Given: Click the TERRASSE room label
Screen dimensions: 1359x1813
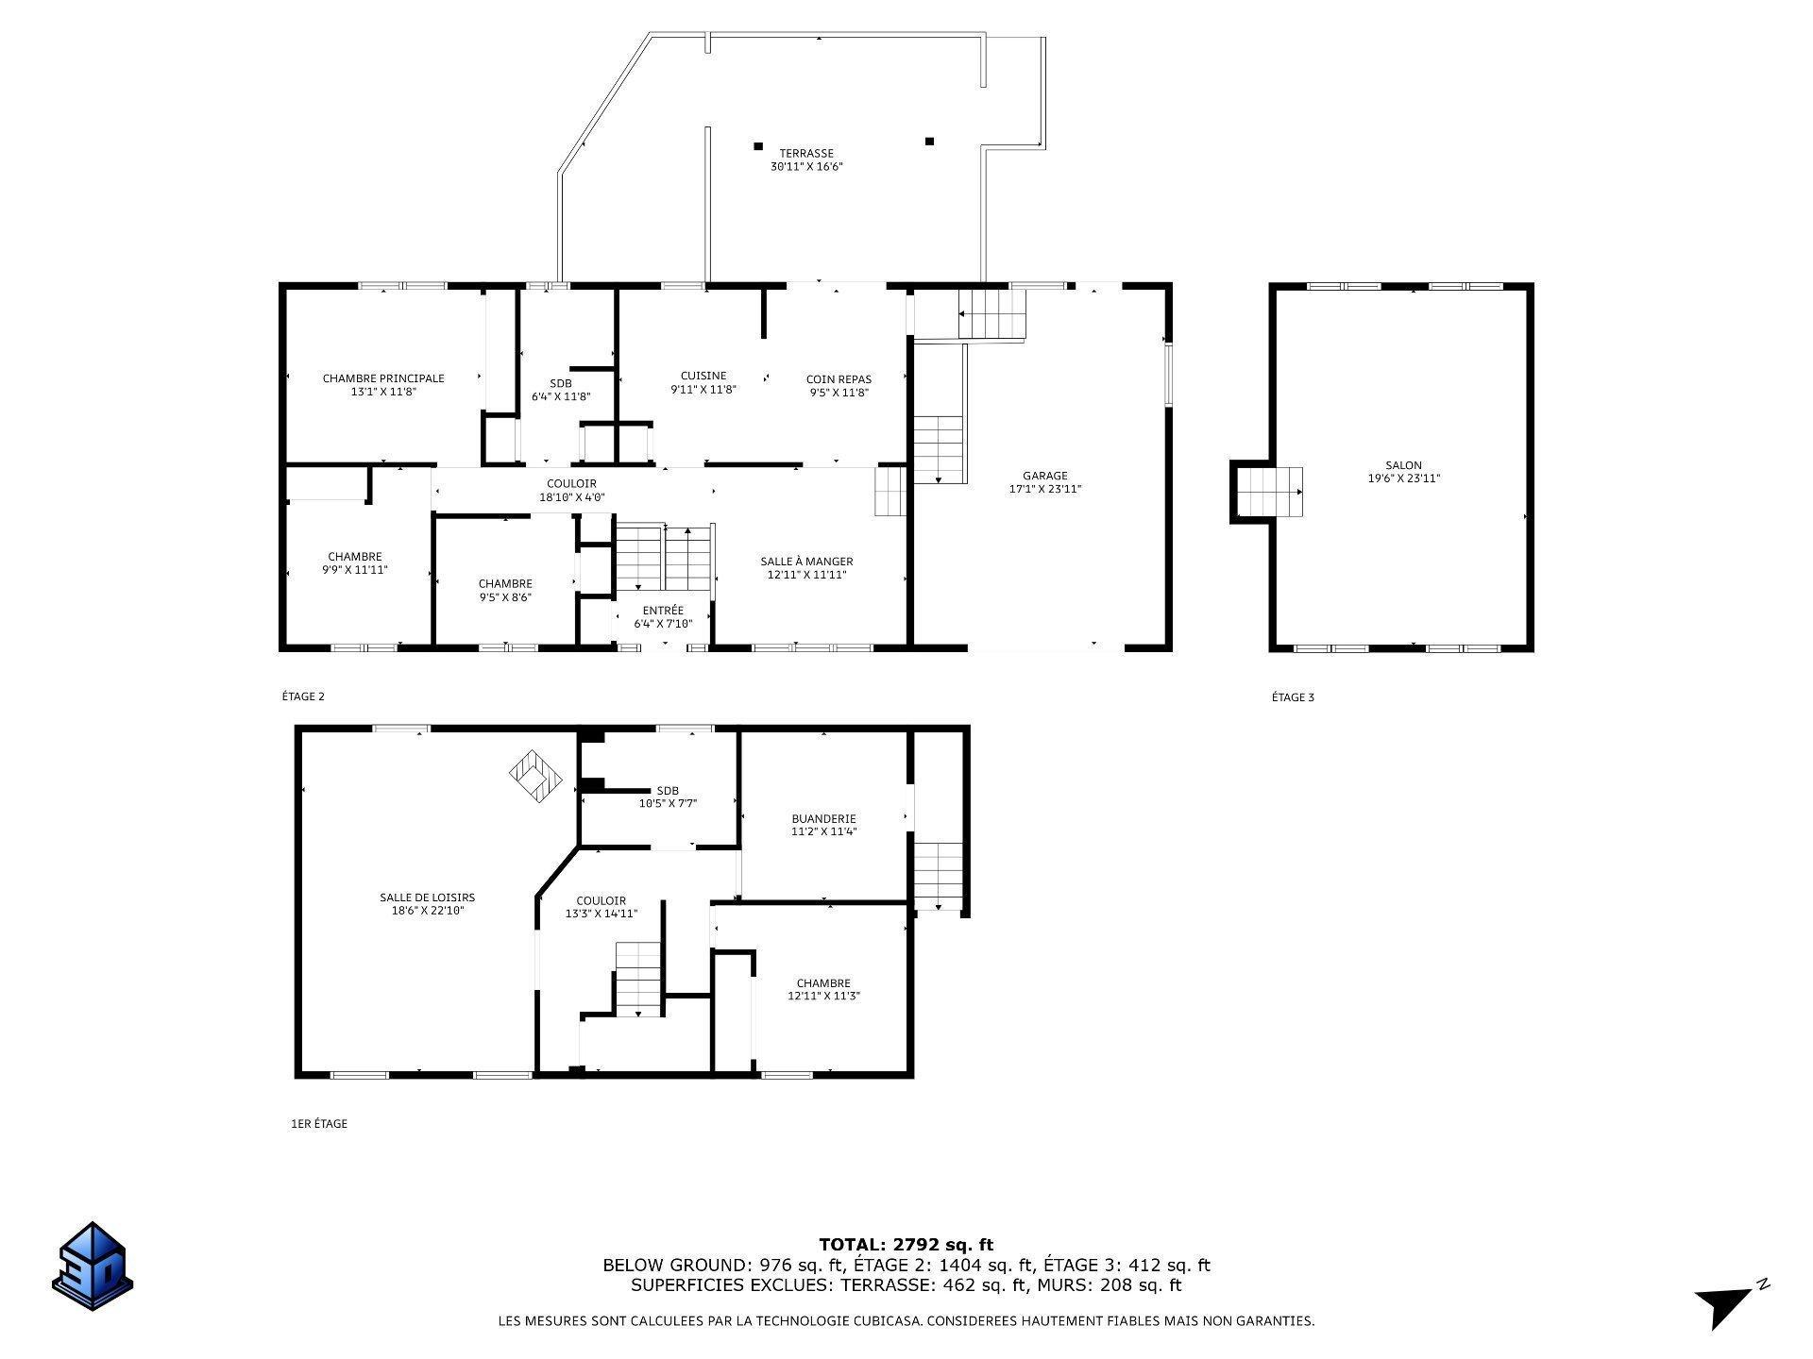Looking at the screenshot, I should pyautogui.click(x=805, y=153).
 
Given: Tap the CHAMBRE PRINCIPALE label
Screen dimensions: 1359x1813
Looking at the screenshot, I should pyautogui.click(x=383, y=378).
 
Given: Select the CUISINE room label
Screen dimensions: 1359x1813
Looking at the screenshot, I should pyautogui.click(x=703, y=376).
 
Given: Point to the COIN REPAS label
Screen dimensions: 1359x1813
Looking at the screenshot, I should pyautogui.click(x=839, y=379).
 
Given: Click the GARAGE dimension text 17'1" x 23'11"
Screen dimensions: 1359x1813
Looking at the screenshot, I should pyautogui.click(x=1045, y=489).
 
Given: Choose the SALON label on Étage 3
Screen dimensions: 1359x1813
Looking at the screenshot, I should pyautogui.click(x=1403, y=465).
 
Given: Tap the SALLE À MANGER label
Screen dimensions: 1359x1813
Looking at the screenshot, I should pyautogui.click(x=806, y=562).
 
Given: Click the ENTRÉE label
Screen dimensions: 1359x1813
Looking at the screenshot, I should pyautogui.click(x=663, y=611).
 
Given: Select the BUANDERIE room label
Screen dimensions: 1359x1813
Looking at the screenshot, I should pyautogui.click(x=823, y=818).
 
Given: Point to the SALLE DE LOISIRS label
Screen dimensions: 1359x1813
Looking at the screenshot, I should pyautogui.click(x=427, y=898).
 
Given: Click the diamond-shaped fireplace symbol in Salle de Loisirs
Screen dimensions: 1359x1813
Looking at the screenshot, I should pyautogui.click(x=535, y=776).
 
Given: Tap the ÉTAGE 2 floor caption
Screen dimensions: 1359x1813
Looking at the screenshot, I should pyautogui.click(x=303, y=696).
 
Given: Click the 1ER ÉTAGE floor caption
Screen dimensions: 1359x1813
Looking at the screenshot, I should pyautogui.click(x=319, y=1124).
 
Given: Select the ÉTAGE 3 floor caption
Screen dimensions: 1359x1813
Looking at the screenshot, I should pyautogui.click(x=1293, y=697).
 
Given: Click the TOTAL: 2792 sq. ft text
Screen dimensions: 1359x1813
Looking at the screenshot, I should pyautogui.click(x=906, y=1245).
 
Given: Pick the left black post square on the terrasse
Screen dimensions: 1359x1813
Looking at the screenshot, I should pyautogui.click(x=758, y=145).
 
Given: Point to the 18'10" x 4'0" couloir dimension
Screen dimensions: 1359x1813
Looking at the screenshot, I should pyautogui.click(x=571, y=497).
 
